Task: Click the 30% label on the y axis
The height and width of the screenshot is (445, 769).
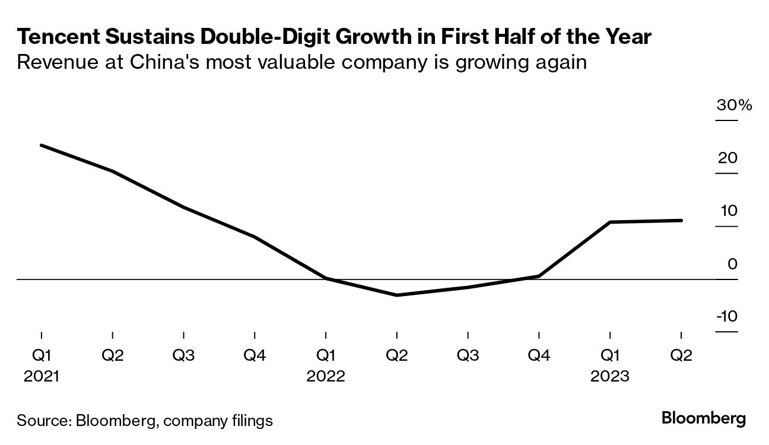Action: click(x=734, y=106)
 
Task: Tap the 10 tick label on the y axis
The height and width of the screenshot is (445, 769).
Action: click(x=729, y=211)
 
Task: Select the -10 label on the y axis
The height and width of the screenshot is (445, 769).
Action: click(x=726, y=316)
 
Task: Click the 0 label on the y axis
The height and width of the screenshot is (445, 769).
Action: click(x=733, y=264)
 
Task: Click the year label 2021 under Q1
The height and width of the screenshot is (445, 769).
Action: click(x=42, y=376)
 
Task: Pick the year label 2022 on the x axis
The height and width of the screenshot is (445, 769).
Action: click(x=326, y=376)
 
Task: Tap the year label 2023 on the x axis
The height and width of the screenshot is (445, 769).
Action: click(x=609, y=376)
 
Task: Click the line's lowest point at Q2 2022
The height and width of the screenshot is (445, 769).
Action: click(x=396, y=295)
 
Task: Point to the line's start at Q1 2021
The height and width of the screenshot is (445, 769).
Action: click(x=42, y=145)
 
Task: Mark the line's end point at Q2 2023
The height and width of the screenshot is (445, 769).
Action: click(x=681, y=220)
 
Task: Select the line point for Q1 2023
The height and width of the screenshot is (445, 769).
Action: click(x=610, y=222)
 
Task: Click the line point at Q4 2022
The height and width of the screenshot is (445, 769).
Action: click(x=539, y=276)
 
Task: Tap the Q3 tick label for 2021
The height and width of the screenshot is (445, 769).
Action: click(x=183, y=356)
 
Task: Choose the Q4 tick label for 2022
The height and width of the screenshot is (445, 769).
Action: click(x=539, y=356)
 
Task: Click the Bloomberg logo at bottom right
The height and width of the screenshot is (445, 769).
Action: click(x=704, y=418)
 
